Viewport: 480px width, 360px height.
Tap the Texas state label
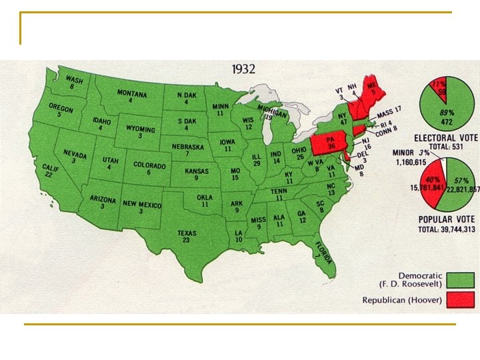pyautogui.click(x=187, y=233)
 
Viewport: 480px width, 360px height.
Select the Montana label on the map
pyautogui.click(x=132, y=93)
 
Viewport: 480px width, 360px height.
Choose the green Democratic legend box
pyautogui.click(x=460, y=280)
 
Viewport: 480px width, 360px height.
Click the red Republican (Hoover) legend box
pyautogui.click(x=460, y=299)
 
